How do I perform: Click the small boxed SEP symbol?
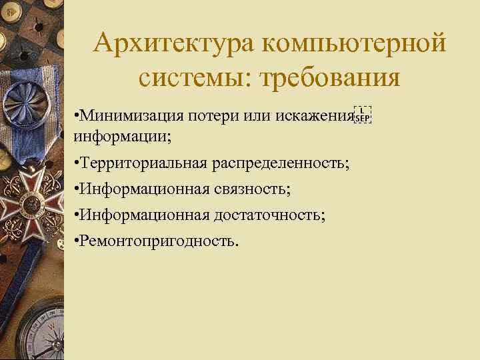click(x=363, y=115)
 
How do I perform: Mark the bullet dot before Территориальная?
click(x=78, y=163)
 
